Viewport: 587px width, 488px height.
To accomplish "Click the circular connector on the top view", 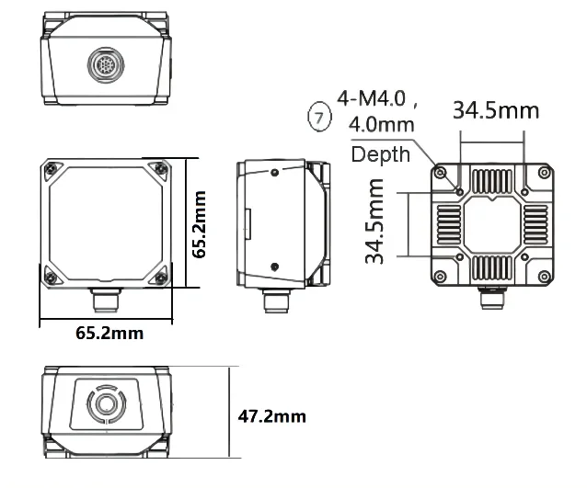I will (103, 65).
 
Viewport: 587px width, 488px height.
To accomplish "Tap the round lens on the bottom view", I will (103, 403).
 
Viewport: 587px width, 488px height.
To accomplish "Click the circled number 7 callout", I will (318, 117).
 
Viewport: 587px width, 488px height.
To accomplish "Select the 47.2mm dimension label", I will (271, 416).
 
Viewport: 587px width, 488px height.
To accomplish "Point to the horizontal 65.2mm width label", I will (109, 333).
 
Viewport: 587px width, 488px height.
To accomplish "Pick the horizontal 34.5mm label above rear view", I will (495, 111).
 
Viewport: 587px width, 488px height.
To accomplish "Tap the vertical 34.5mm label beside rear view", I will (374, 222).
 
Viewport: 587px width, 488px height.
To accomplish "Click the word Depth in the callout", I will (380, 154).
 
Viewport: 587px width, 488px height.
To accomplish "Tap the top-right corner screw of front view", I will (162, 167).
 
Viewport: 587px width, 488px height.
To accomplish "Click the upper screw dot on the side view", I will (275, 172).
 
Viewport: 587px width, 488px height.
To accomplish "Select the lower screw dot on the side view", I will (275, 267).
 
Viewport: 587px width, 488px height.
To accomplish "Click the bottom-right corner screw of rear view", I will (543, 276).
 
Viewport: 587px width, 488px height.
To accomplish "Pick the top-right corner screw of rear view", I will (543, 173).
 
